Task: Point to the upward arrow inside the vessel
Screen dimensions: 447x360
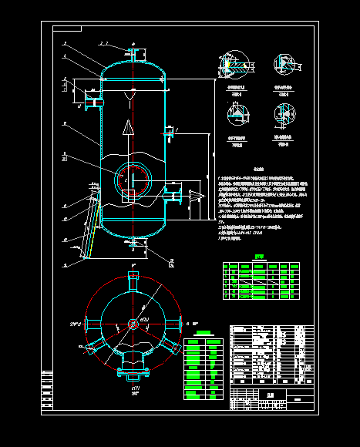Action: (x=130, y=131)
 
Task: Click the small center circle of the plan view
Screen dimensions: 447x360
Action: (x=133, y=324)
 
